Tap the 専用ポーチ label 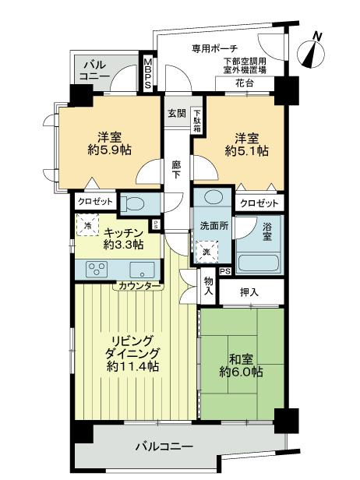coord(215,48)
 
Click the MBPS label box coord(147,72)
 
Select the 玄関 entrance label coord(176,112)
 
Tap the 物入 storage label coord(208,287)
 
